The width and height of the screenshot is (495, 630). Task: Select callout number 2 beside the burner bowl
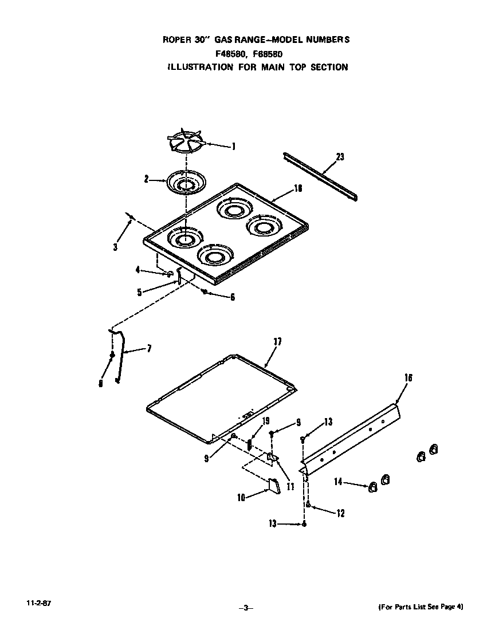(x=147, y=179)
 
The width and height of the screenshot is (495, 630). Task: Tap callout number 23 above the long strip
(x=340, y=157)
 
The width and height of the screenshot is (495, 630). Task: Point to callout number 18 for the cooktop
(x=297, y=188)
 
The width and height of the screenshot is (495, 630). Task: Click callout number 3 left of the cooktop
(x=116, y=247)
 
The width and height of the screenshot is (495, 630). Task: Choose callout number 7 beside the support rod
(x=150, y=348)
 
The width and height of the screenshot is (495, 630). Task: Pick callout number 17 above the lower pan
(x=277, y=342)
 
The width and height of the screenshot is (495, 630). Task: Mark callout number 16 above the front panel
(x=408, y=378)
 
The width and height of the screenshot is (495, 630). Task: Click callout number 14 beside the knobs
(x=339, y=482)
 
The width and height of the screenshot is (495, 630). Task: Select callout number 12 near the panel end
(x=340, y=514)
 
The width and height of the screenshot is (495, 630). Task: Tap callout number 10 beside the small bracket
(x=241, y=498)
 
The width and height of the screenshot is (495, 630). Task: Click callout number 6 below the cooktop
(x=232, y=297)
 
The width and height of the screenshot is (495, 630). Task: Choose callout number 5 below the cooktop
(x=139, y=292)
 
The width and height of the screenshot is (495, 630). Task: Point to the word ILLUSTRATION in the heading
(x=200, y=67)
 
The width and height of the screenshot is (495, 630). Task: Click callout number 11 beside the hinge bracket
(x=290, y=486)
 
